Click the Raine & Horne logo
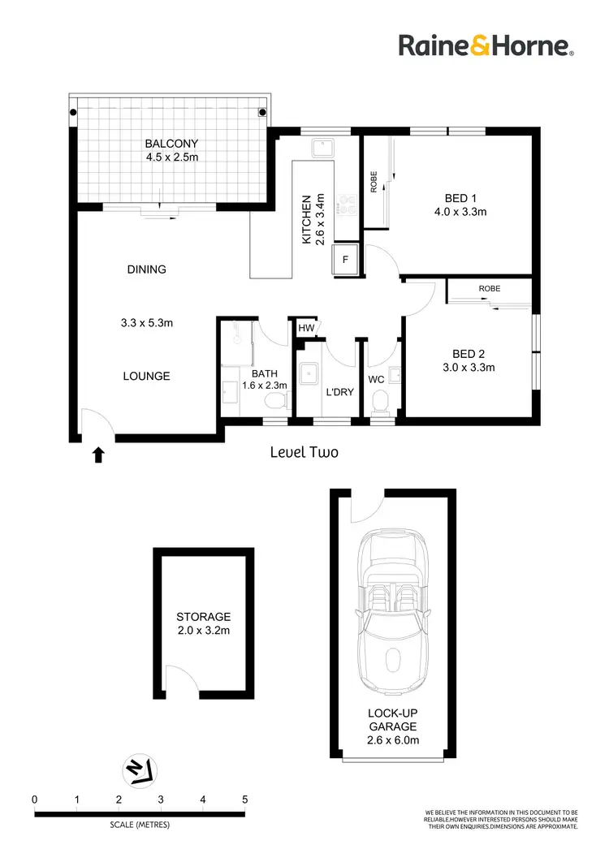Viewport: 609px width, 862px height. click(x=486, y=45)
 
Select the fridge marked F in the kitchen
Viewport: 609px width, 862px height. click(x=345, y=261)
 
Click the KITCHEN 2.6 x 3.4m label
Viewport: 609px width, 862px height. click(x=313, y=218)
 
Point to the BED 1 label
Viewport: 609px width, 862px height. click(x=461, y=197)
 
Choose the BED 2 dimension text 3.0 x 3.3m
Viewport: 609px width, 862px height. click(x=467, y=367)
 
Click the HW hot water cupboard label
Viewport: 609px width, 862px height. click(x=306, y=328)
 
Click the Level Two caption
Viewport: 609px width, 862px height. click(x=304, y=453)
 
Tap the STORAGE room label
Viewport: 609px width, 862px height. click(x=204, y=617)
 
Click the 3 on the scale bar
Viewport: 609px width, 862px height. click(x=161, y=800)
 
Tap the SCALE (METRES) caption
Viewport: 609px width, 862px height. click(x=140, y=826)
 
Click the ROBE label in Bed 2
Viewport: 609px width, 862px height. click(x=490, y=288)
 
